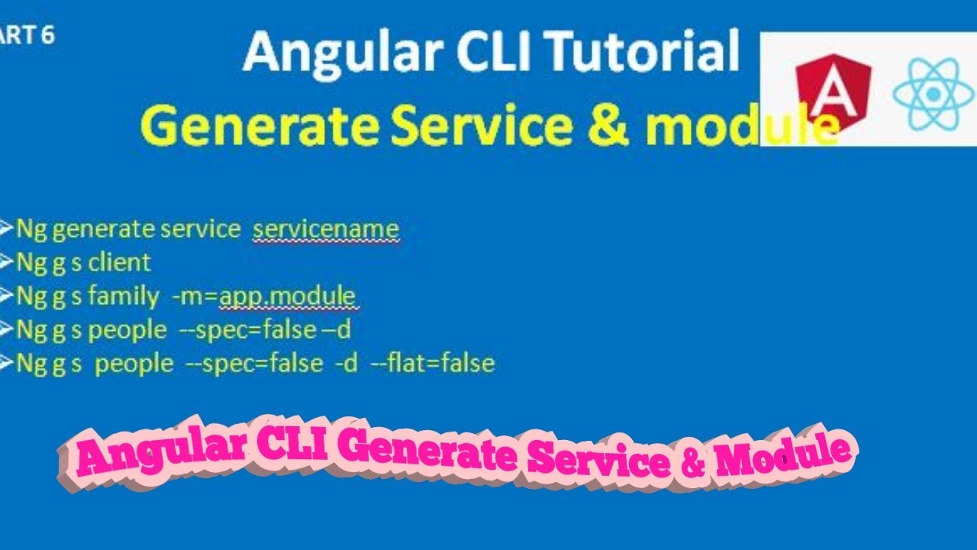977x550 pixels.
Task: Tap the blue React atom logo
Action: coord(933,93)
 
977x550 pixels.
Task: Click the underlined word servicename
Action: coord(326,228)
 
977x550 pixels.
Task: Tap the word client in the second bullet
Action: coord(120,262)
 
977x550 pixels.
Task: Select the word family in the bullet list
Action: coord(124,296)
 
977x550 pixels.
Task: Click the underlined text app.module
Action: coord(288,296)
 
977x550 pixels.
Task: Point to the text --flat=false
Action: coord(433,363)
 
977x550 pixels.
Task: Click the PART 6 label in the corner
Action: coord(27,35)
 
